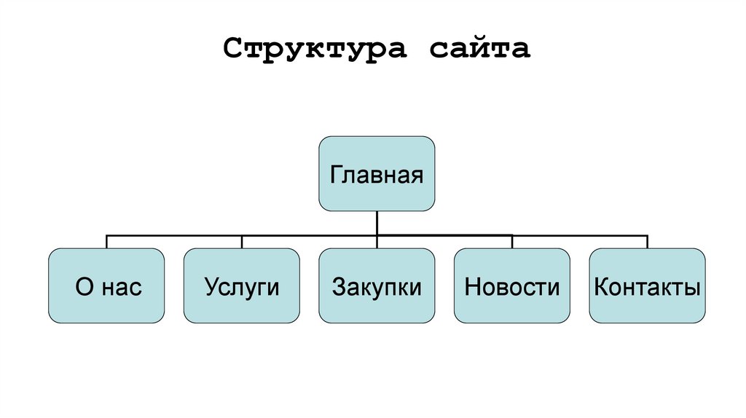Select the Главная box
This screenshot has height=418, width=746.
(x=377, y=174)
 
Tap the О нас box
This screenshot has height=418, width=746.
(x=107, y=285)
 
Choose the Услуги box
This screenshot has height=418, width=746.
(x=241, y=285)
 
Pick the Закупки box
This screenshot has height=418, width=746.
(x=377, y=285)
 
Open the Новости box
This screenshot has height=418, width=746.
(x=512, y=285)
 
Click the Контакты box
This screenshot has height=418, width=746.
(x=647, y=285)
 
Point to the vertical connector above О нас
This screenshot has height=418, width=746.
(x=107, y=242)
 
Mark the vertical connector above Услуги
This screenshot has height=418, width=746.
(x=242, y=242)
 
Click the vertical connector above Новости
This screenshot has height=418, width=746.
(x=512, y=242)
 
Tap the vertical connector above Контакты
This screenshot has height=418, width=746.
(x=647, y=242)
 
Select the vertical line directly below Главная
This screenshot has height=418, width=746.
(x=377, y=223)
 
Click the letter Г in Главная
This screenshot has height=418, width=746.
(x=337, y=176)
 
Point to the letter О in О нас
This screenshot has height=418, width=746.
(x=83, y=287)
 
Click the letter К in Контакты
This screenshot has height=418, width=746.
(x=601, y=287)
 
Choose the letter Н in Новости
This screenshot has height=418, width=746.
(x=472, y=287)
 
